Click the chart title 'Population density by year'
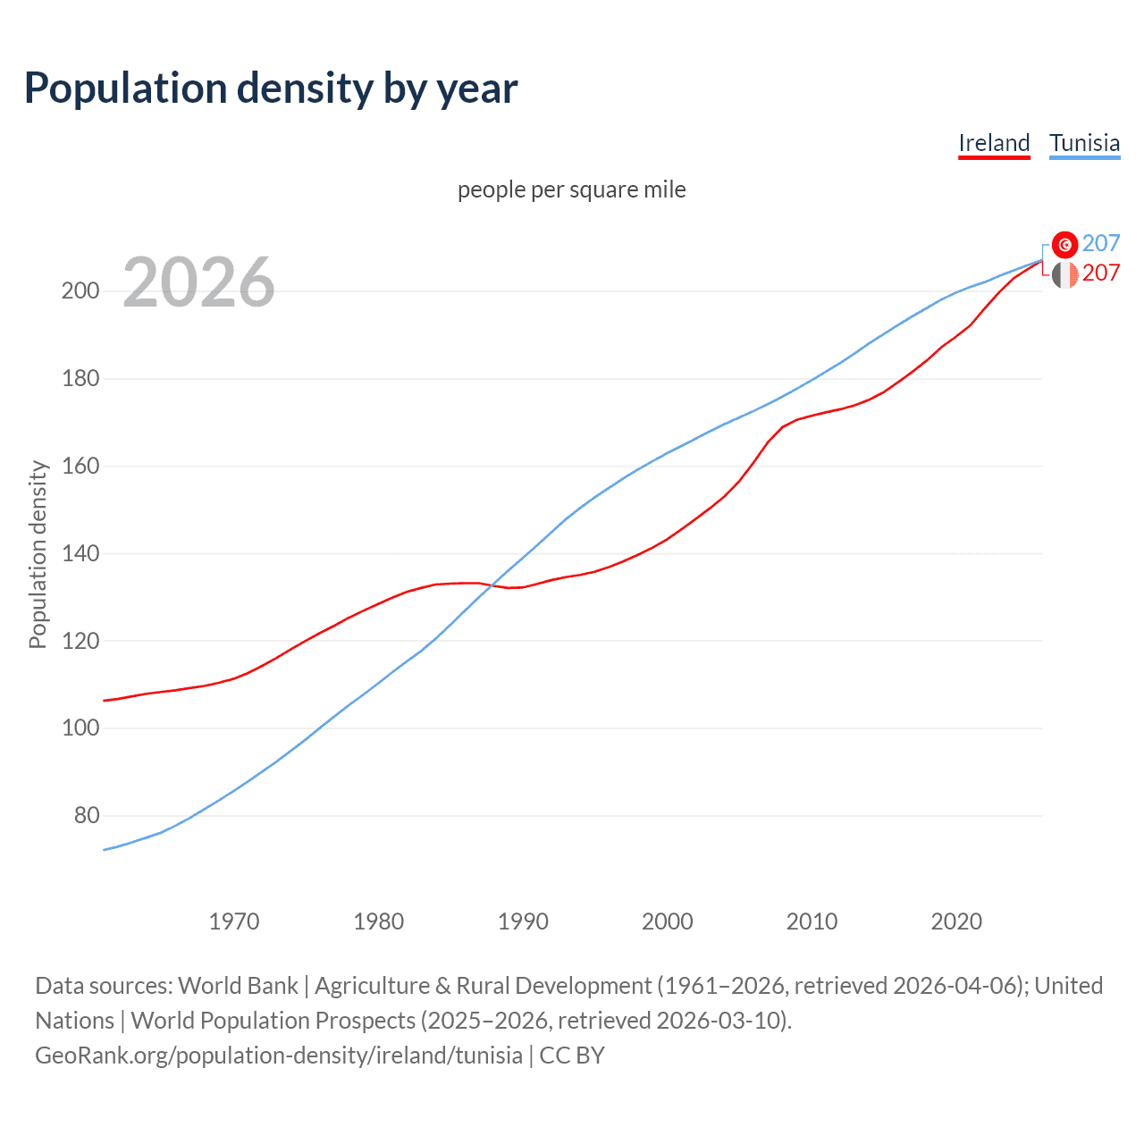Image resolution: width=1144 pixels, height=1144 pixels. [271, 88]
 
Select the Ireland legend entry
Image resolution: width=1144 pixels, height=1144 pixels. [994, 143]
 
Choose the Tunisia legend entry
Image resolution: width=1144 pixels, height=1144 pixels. [1084, 143]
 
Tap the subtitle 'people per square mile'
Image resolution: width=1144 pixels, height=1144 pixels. [571, 189]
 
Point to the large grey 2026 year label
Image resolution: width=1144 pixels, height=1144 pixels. [198, 282]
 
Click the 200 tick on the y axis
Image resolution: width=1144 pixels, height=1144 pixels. [80, 291]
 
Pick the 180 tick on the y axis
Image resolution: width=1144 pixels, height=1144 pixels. [80, 379]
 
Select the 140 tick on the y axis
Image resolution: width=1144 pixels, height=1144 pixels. [80, 554]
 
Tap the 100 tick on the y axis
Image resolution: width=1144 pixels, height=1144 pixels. [80, 728]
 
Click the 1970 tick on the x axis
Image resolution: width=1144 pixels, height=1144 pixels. [234, 921]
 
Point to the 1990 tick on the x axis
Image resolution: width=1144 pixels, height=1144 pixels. [523, 921]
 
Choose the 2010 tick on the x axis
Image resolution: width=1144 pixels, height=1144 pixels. [812, 921]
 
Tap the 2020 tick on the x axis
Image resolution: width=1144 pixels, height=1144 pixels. [956, 921]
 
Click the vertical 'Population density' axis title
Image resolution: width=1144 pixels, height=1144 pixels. [38, 554]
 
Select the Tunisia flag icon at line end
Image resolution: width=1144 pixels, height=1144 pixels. [1064, 244]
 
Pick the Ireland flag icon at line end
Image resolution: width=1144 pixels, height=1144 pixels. [1064, 274]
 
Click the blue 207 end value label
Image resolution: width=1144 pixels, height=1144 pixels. [1101, 244]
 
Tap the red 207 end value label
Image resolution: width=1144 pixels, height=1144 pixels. [1101, 273]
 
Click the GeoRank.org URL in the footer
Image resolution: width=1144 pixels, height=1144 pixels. [279, 1056]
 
